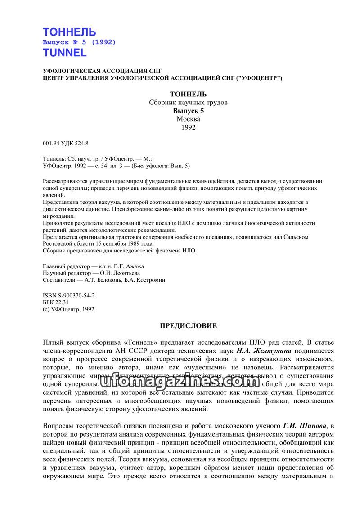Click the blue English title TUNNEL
(x=64, y=53)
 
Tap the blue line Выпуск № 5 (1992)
(x=79, y=42)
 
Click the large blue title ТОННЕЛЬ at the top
(x=69, y=32)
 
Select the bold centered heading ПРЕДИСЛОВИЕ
(x=189, y=325)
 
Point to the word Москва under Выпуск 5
(x=189, y=119)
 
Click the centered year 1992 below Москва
(x=189, y=127)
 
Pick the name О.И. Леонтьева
(x=122, y=273)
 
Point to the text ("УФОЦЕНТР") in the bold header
(x=259, y=78)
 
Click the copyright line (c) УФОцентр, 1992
(x=68, y=309)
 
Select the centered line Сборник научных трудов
(x=189, y=103)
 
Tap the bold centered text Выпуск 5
(x=189, y=111)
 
